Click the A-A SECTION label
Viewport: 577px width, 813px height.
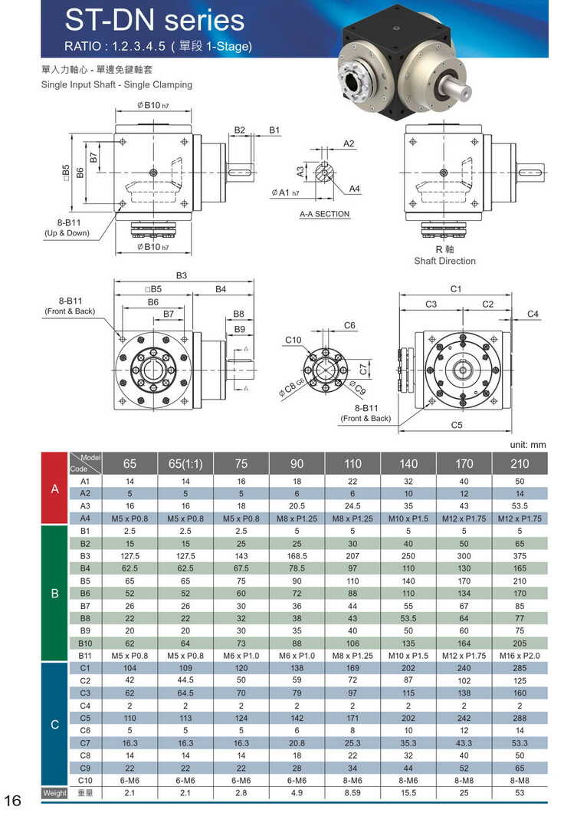[x=324, y=214]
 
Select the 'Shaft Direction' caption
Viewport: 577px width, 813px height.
[x=444, y=261]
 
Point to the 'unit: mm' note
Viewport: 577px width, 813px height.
[x=528, y=444]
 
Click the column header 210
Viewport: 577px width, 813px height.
[x=520, y=463]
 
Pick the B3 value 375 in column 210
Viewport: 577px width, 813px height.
[x=520, y=555]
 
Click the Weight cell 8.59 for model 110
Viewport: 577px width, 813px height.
[x=352, y=792]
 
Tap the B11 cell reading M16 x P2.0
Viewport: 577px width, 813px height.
[x=520, y=656]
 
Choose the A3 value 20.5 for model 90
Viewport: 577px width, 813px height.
[x=297, y=505]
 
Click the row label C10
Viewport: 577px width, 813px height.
[x=85, y=780]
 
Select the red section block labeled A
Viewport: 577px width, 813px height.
[x=54, y=488]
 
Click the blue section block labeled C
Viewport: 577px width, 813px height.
[x=54, y=724]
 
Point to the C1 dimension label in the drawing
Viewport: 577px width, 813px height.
[x=456, y=289]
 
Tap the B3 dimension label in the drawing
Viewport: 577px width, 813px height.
[x=182, y=275]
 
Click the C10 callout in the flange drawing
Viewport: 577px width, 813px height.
[x=293, y=340]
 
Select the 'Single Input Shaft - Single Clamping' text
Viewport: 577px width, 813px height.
[x=116, y=84]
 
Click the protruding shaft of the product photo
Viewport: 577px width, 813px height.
[x=470, y=88]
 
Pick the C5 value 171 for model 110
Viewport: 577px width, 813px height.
[x=352, y=718]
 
